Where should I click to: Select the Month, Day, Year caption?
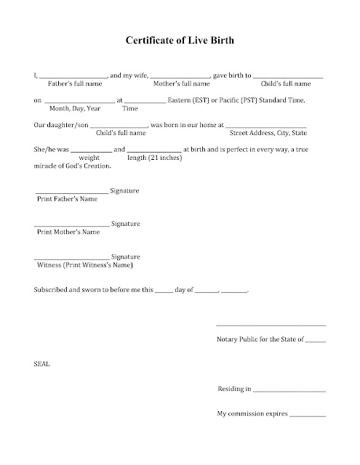coord(75,109)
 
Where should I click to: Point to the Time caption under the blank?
coord(130,109)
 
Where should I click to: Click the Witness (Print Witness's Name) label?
coord(85,265)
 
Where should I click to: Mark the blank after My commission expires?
coord(308,416)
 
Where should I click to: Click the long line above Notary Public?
coord(271,325)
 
